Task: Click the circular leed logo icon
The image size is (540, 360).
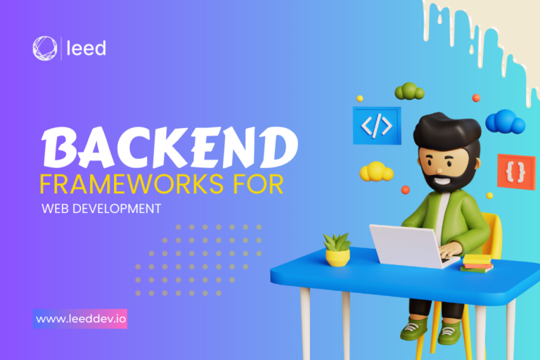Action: tap(45, 49)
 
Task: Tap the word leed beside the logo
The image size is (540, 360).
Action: tap(86, 49)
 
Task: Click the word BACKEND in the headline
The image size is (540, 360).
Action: tap(169, 148)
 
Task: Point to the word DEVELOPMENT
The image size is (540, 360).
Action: tap(117, 209)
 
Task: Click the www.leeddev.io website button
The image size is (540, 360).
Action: tap(80, 319)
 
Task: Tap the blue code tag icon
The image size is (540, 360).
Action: tap(377, 125)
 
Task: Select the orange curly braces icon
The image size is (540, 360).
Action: tap(516, 172)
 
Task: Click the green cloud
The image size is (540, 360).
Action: tap(409, 91)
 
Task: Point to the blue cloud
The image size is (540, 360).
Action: tap(506, 122)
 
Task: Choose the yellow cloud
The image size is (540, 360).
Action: tap(376, 172)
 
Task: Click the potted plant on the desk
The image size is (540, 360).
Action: tap(337, 250)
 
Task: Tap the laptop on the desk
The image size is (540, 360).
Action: tap(410, 246)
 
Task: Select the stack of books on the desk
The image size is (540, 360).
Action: tap(477, 264)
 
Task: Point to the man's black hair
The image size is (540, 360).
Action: tap(447, 130)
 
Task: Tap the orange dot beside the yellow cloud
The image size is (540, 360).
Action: tap(405, 189)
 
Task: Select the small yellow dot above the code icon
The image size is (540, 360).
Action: tap(360, 98)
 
